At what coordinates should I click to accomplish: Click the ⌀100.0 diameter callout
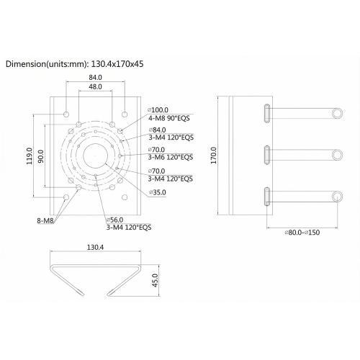coord(161,109)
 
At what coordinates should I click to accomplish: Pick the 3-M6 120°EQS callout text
coord(171,157)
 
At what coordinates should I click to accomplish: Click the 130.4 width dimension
coord(94,247)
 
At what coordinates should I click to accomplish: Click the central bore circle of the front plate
coord(96,154)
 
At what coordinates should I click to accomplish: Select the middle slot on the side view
coord(268,154)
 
